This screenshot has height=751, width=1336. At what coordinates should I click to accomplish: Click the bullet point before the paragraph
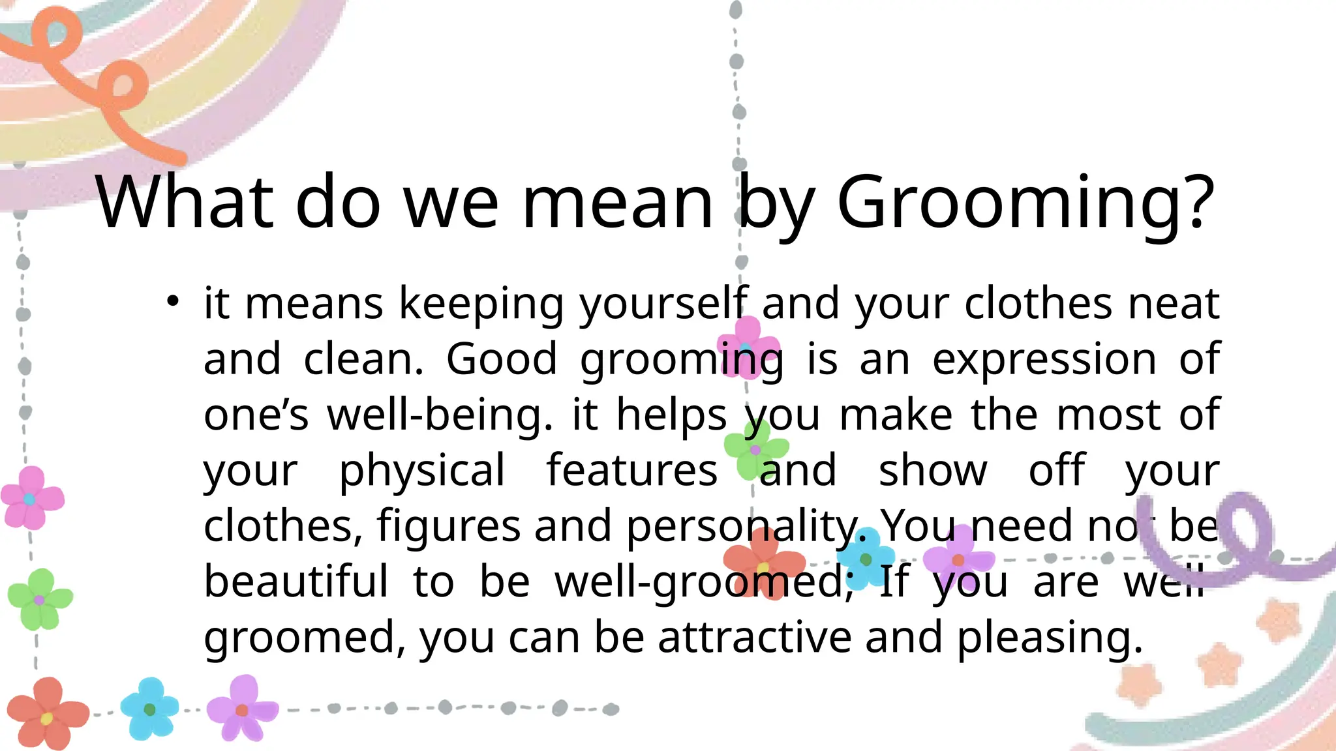[172, 301]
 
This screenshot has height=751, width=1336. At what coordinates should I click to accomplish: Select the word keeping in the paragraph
[481, 304]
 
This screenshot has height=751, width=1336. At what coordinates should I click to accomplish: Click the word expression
[1044, 359]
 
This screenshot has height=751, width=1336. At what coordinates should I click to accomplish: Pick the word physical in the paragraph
[422, 471]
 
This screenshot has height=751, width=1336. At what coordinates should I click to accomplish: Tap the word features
[631, 470]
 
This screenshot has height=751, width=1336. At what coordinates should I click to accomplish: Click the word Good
[502, 359]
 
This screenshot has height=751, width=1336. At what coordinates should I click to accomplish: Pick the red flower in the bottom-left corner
[47, 714]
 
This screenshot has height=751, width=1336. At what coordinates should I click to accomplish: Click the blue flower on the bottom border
[149, 709]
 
